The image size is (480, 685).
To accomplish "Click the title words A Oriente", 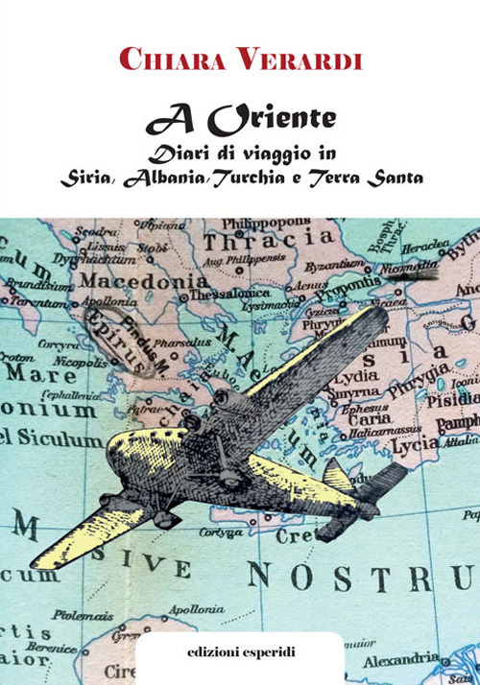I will (240, 119).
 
